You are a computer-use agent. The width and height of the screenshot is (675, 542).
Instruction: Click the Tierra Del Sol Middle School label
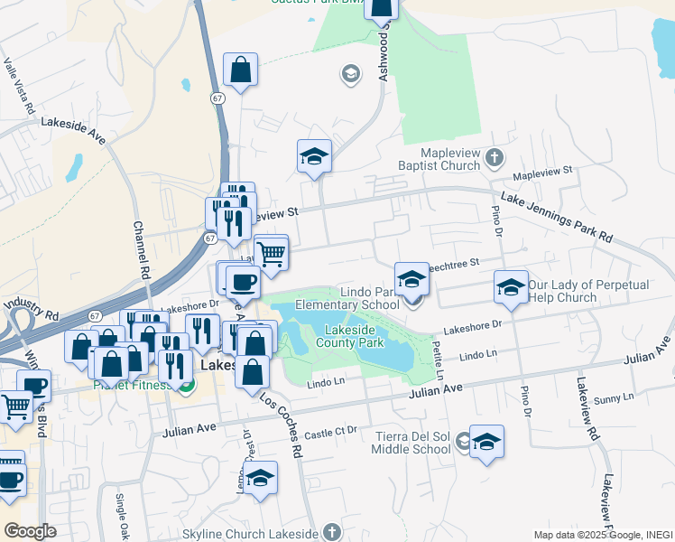pos(412,443)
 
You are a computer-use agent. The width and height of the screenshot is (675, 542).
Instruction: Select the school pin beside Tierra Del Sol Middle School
pos(486,442)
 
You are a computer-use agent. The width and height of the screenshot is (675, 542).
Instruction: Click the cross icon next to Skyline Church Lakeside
pos(332,531)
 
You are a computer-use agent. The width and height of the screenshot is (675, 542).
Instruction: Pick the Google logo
pos(30,531)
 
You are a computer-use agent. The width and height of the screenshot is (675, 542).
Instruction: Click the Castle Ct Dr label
pos(331,433)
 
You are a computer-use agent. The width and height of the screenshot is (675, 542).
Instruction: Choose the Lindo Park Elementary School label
pos(370,298)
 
